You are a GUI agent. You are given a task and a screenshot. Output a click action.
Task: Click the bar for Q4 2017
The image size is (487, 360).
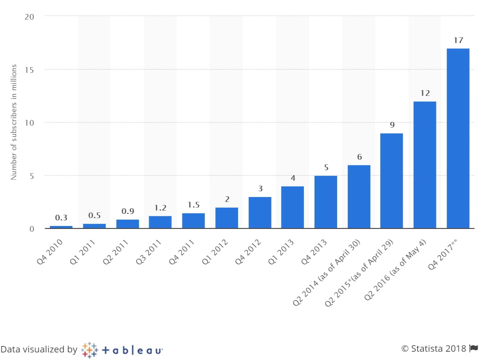458,138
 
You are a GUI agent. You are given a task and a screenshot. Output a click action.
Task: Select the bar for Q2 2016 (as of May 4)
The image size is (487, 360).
425,165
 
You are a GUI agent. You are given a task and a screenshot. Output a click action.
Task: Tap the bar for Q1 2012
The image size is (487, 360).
227,218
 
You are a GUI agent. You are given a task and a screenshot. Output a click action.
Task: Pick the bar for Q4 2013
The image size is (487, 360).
325,202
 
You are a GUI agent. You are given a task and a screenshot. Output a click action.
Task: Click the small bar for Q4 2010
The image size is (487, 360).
61,227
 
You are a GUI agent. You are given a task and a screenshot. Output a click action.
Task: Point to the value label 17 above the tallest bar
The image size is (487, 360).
458,40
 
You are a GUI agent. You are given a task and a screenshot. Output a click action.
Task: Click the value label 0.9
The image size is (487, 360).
128,211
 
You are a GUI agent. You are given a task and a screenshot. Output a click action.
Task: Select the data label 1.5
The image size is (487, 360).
194,205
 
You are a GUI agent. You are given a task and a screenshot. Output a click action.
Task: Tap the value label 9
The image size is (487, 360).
392,125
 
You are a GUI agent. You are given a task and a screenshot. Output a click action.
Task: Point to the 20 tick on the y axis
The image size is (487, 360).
29,17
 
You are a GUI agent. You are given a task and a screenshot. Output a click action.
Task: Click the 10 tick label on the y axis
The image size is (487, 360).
29,123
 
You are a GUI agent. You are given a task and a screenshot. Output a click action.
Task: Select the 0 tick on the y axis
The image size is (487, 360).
32,229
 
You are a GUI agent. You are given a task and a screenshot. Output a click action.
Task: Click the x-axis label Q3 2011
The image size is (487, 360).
149,252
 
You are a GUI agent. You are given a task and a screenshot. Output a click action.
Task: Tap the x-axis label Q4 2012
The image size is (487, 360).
248,252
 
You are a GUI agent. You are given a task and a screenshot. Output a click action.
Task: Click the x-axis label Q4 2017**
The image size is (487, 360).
442,254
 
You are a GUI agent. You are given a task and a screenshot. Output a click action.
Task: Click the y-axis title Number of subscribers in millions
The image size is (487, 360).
14,122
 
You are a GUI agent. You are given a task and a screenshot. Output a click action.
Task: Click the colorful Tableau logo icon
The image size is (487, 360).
89,350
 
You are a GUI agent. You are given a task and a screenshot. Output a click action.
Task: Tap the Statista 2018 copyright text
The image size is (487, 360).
434,348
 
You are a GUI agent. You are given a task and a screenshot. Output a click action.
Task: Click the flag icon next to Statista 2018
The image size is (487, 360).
474,348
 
